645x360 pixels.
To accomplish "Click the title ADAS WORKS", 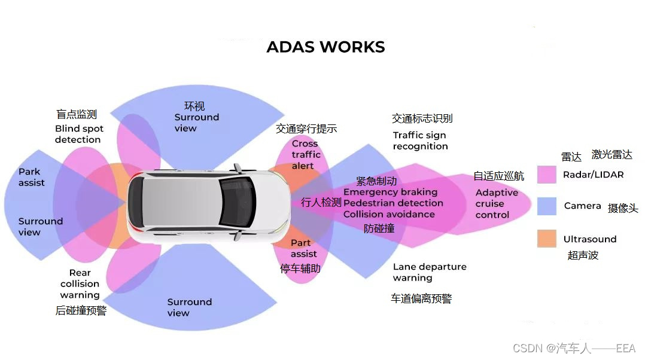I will pyautogui.click(x=325, y=47).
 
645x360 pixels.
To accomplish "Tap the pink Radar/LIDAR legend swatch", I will pyautogui.click(x=547, y=175).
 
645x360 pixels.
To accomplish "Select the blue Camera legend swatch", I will pyautogui.click(x=547, y=206).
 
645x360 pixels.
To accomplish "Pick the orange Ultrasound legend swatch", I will pyautogui.click(x=547, y=239).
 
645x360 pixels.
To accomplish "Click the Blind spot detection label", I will pyautogui.click(x=78, y=134).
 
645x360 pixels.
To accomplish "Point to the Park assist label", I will pyautogui.click(x=31, y=177).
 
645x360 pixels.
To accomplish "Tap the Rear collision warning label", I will pyautogui.click(x=80, y=284).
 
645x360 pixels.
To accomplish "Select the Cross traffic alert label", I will pyautogui.click(x=306, y=155).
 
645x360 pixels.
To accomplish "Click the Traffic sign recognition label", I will pyautogui.click(x=420, y=141).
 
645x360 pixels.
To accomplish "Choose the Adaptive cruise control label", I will pyautogui.click(x=497, y=203).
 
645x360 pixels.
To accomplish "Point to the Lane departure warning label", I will pyautogui.click(x=429, y=272).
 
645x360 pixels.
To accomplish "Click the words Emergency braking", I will pyautogui.click(x=390, y=193).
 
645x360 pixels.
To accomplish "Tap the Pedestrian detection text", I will pyautogui.click(x=393, y=203).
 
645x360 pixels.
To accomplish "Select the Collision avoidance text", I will pyautogui.click(x=389, y=214).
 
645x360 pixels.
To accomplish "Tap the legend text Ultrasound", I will pyautogui.click(x=589, y=239).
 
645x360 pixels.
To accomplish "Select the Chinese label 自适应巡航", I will pyautogui.click(x=498, y=176).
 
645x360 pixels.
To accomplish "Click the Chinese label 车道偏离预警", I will pyautogui.click(x=421, y=298).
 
